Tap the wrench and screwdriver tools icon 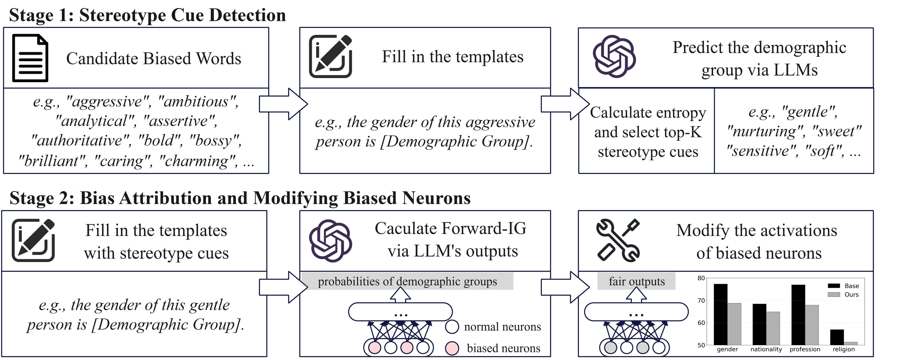click(618, 240)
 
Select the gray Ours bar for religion click(851, 343)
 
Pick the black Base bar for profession click(798, 314)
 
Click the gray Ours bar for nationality click(773, 328)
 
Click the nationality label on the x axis click(766, 349)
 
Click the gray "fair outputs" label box click(636, 281)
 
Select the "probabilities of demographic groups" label click(407, 281)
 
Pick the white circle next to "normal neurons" click(452, 327)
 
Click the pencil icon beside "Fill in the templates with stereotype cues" click(33, 240)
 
